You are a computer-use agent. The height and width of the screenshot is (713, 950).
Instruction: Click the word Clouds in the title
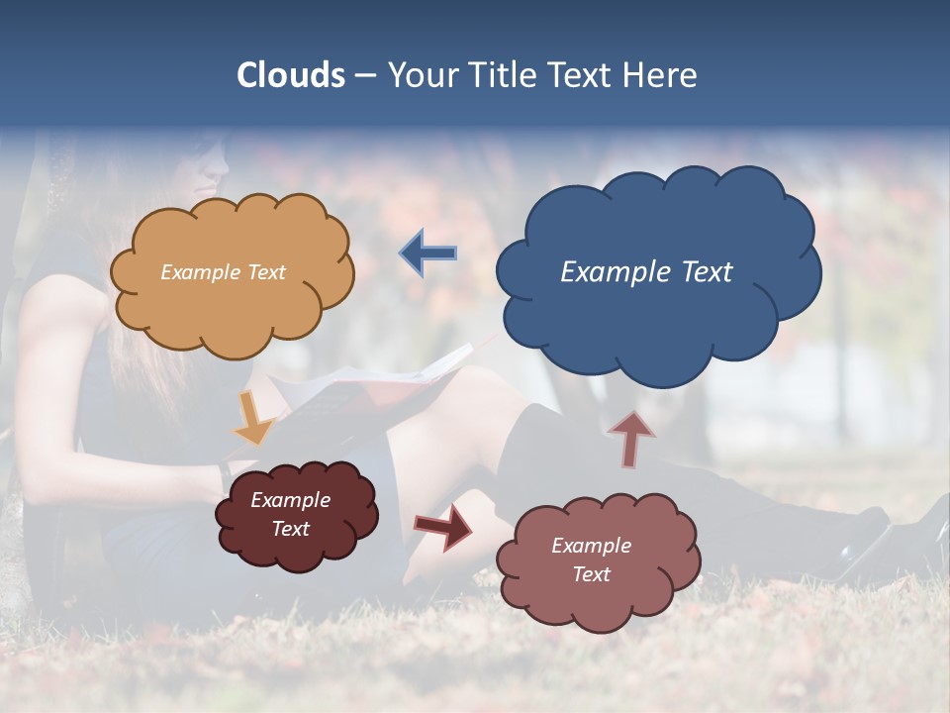[290, 75]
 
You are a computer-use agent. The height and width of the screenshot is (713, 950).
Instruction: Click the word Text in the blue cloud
[707, 272]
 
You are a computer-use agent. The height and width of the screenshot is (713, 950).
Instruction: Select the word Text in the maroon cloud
[291, 529]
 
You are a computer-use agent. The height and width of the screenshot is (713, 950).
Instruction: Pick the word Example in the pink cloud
[591, 546]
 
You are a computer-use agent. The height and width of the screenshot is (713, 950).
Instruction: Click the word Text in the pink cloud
[591, 574]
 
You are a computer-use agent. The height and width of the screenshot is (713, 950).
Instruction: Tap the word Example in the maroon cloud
[291, 500]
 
